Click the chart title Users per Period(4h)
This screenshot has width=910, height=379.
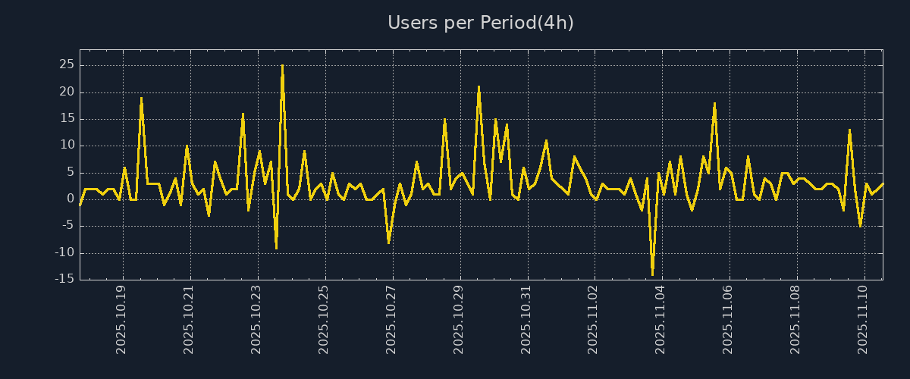click(x=480, y=23)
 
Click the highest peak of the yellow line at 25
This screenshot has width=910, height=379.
click(x=282, y=66)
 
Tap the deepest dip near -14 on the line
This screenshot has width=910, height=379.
click(x=652, y=274)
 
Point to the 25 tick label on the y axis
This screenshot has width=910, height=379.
click(x=66, y=65)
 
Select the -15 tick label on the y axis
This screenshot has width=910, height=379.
click(x=64, y=279)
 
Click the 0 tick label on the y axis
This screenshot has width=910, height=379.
click(x=70, y=199)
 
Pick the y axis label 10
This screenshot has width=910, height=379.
click(x=66, y=146)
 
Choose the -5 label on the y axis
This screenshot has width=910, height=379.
click(x=67, y=226)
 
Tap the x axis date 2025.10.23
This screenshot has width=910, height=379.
click(x=256, y=319)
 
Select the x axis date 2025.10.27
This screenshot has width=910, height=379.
click(x=391, y=319)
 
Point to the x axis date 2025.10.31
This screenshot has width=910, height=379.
click(x=526, y=319)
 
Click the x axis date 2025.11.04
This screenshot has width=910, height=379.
click(x=661, y=319)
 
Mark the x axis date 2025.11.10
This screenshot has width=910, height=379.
click(x=863, y=319)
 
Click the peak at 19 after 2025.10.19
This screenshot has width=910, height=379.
click(x=141, y=98)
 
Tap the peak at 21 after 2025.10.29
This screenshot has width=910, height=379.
click(x=479, y=87)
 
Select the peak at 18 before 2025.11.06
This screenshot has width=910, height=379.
click(x=714, y=103)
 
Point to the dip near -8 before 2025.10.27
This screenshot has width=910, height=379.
click(x=389, y=242)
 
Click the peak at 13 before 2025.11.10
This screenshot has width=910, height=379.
click(x=849, y=130)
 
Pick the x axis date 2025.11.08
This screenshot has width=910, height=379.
click(x=795, y=319)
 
